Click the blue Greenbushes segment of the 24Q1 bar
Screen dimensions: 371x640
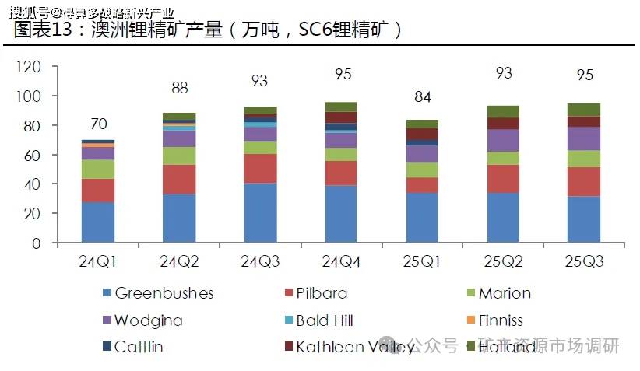click(98, 222)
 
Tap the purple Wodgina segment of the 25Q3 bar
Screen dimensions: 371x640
click(584, 138)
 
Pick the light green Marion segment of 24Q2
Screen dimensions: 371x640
click(179, 156)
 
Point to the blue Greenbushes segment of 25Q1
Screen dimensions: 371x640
click(422, 218)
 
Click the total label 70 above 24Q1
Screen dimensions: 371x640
click(99, 124)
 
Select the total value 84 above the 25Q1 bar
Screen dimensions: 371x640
click(422, 97)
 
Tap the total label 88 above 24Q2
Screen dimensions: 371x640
click(180, 88)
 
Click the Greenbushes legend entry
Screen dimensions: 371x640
click(164, 293)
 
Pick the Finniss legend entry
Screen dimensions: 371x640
click(500, 320)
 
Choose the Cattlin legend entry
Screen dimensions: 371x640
click(138, 347)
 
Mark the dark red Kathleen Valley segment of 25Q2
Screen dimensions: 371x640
click(503, 123)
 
